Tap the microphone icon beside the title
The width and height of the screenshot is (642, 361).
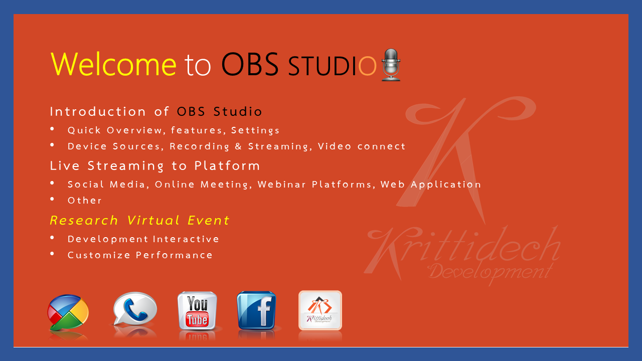point(391,65)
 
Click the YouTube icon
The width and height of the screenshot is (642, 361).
point(198,310)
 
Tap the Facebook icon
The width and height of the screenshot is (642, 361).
point(256,310)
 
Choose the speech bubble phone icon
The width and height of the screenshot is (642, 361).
point(135,309)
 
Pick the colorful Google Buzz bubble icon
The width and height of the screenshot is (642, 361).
point(68,312)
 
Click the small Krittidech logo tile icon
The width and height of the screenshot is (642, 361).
point(320,310)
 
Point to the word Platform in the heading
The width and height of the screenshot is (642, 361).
point(227,166)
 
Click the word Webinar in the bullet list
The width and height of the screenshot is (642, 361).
point(282,184)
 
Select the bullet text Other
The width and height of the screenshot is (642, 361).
point(85,200)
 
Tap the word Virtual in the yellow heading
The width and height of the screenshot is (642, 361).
point(153,220)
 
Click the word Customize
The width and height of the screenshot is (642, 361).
point(99,255)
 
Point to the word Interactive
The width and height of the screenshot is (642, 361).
point(186,239)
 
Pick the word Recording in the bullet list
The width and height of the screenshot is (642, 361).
point(200,146)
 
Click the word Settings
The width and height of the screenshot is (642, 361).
point(255,130)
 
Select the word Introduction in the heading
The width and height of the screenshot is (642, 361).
point(98,111)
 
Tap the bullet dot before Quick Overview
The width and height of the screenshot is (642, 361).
point(52,129)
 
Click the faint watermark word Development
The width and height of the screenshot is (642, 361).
point(490,272)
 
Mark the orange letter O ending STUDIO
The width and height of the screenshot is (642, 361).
point(367,66)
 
